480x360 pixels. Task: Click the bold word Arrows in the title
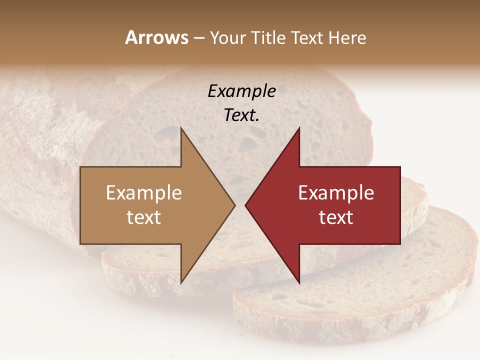156,38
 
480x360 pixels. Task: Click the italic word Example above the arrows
241,91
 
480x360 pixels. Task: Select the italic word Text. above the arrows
241,115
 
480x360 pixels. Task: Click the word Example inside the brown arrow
144,193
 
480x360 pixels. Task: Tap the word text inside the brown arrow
144,217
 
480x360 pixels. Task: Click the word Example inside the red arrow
336,193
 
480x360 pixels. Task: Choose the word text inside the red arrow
336,217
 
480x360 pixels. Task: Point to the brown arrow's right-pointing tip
234,205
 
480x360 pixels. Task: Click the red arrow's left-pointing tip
245,205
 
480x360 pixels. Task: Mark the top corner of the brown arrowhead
181,127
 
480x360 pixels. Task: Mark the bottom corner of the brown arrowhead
181,283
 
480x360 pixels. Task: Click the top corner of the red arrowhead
299,127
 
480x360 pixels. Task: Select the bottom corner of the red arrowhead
299,283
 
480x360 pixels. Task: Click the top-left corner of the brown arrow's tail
81,167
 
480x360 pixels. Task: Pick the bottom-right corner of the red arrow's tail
400,243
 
